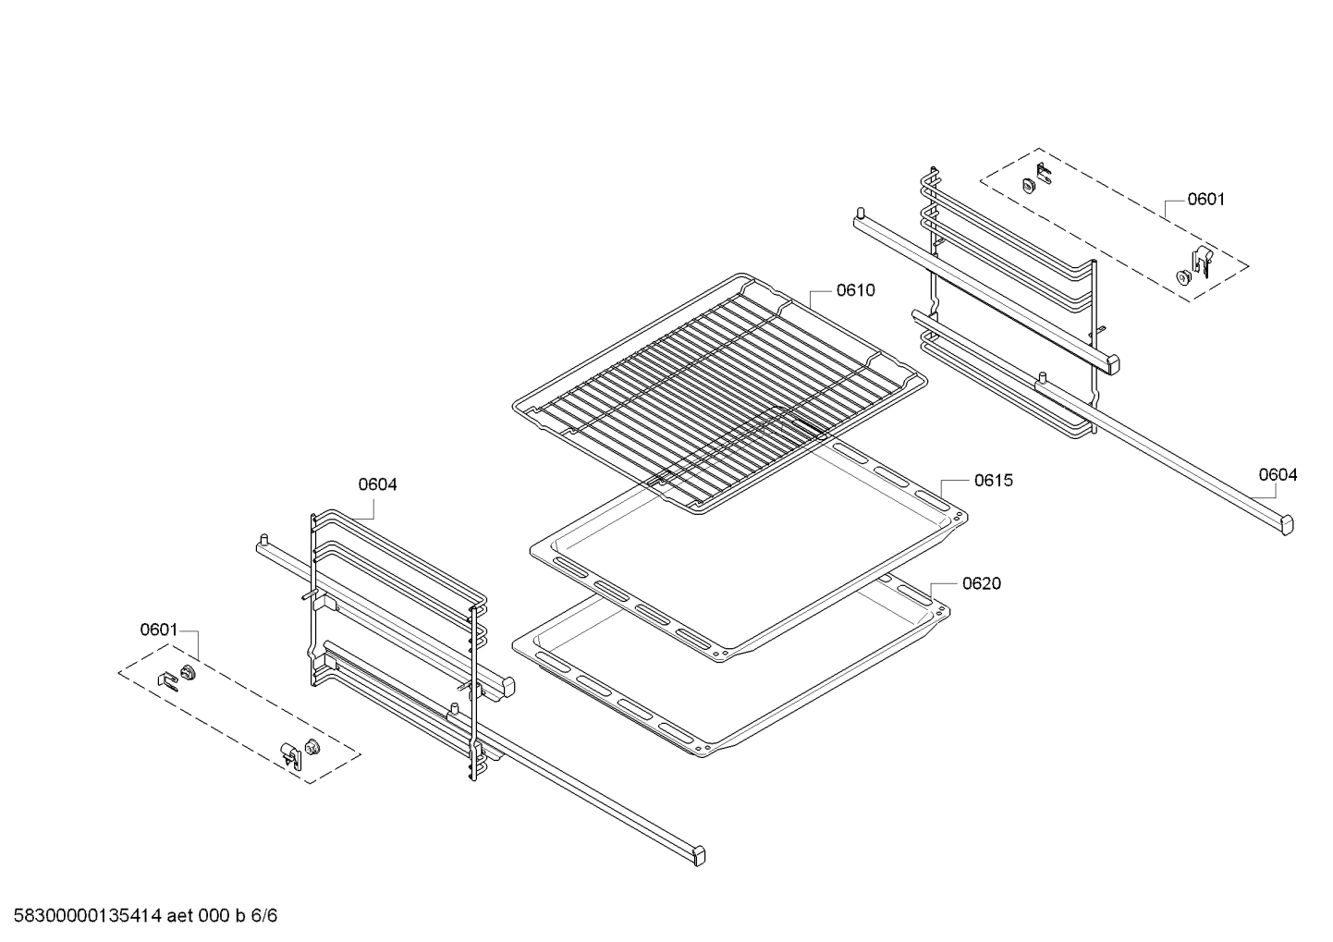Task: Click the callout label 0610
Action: pos(855,290)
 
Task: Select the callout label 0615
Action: pos(993,481)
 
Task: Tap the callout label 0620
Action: pos(981,583)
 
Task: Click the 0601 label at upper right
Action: pos(1205,199)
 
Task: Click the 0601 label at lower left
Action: pos(158,630)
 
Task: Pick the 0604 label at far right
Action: pos(1278,475)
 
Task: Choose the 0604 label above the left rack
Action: pos(377,484)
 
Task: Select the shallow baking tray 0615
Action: pos(749,555)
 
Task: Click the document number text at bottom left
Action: pos(83,916)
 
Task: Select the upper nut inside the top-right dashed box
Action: pos(1028,184)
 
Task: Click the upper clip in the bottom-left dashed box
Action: pos(168,679)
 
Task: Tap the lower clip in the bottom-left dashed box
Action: pos(292,754)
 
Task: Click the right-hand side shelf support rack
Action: pos(1017,305)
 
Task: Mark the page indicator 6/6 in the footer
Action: pos(265,916)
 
